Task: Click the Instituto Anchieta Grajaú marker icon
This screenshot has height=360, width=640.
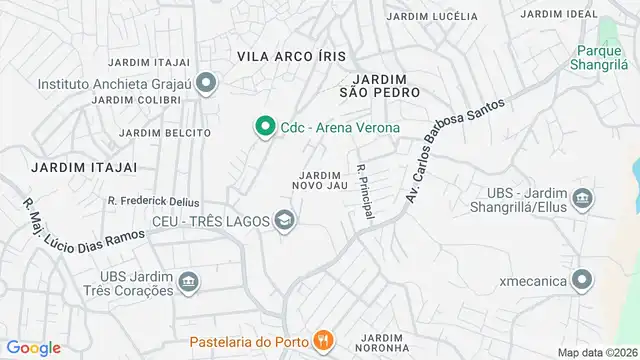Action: pos(207,83)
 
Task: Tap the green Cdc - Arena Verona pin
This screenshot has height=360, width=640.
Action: pos(264,127)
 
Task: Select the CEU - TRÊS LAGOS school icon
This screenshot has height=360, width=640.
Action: pos(286,220)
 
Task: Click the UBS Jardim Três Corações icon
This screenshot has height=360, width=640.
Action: pos(189,284)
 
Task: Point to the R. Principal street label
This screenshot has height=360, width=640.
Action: pos(364,192)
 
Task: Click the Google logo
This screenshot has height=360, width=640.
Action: pos(33,348)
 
